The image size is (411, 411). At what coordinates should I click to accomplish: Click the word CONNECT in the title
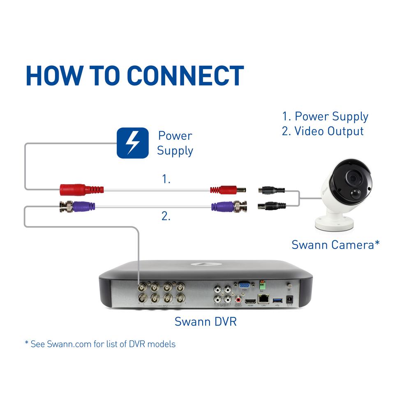coord(185,75)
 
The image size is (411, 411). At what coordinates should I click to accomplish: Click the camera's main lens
coord(353,178)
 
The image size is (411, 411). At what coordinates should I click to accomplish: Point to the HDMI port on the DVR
coord(249,302)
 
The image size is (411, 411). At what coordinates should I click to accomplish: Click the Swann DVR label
coord(205,321)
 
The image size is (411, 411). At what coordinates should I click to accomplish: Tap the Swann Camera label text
coord(335,245)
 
